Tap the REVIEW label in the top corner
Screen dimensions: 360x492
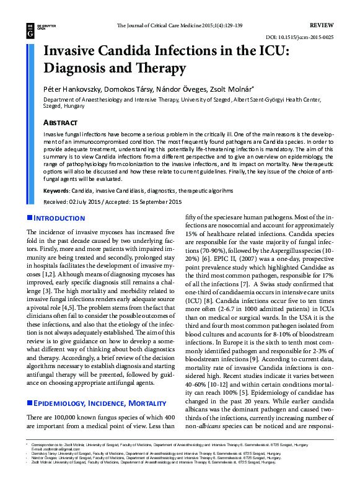[321, 25]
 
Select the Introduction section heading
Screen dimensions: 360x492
[59, 218]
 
